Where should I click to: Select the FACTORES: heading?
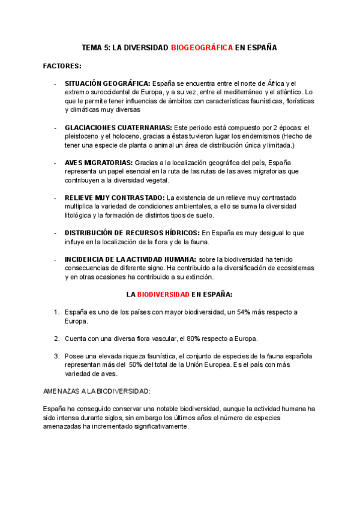click(62, 65)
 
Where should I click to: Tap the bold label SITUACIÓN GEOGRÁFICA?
click(108, 83)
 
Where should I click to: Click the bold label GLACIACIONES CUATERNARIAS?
click(118, 128)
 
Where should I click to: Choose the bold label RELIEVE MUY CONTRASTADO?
click(115, 197)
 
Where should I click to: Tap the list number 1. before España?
click(56, 312)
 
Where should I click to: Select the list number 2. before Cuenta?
click(56, 339)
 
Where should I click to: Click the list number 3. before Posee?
click(56, 356)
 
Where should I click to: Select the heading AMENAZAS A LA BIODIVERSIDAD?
click(97, 391)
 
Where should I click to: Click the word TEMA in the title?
click(92, 47)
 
